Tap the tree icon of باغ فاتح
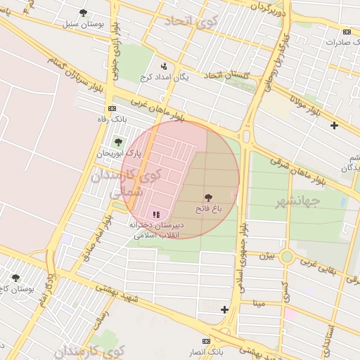point(208,199)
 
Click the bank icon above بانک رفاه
point(111,108)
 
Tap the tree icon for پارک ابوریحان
point(118,142)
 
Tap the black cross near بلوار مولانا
point(334,126)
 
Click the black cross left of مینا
point(224,309)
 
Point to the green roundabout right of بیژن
point(287,257)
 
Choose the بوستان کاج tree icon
point(15,278)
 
